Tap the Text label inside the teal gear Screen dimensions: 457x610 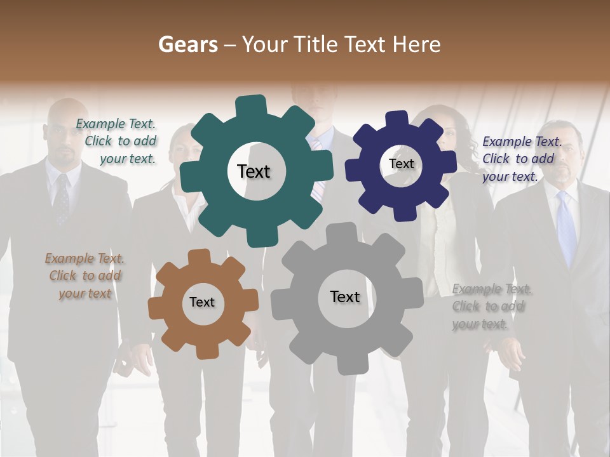[x=254, y=171]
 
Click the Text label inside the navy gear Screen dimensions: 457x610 [x=401, y=164]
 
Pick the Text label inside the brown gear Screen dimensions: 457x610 [x=202, y=302]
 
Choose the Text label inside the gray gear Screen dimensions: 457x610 [x=344, y=296]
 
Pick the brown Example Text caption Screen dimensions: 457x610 [x=85, y=275]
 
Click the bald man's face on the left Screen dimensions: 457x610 [x=63, y=136]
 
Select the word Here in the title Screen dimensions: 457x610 [x=417, y=44]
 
